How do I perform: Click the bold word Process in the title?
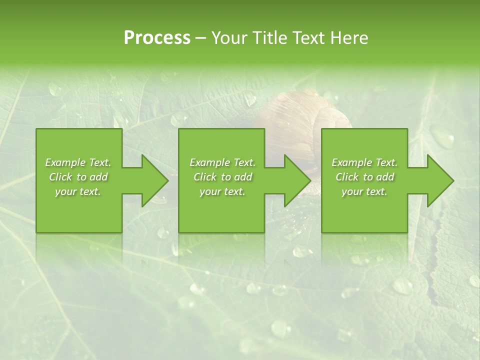point(157,38)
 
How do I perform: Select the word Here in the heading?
point(349,38)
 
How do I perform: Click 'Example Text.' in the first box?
point(78,162)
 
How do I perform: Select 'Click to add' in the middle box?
point(222,177)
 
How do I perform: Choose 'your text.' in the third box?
point(364,191)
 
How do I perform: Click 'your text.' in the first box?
point(78,191)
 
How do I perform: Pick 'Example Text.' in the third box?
point(364,162)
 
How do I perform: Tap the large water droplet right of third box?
point(442,136)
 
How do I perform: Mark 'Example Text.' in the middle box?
point(222,162)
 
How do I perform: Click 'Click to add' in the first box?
point(78,177)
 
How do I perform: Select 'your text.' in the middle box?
point(222,191)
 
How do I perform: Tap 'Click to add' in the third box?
point(364,177)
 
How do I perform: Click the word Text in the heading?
point(309,38)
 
